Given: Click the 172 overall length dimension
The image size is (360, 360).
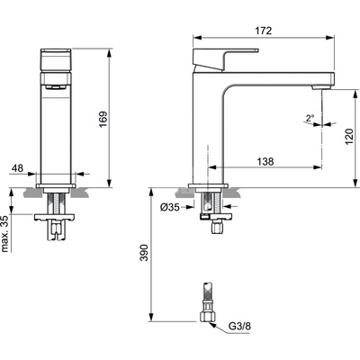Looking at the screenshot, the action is point(264,31).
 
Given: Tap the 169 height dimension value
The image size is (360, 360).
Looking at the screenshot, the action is point(103,120).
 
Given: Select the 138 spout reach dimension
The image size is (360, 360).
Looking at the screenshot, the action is point(265,161).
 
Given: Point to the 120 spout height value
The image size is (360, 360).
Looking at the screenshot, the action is point(349,137).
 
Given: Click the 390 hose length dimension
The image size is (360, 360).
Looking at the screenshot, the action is point(145,253).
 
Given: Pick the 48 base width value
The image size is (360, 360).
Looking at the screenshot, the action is point(17,168).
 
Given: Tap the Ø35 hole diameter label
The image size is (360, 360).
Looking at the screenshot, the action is point(169,207).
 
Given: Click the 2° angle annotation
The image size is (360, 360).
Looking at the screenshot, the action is point(310,117).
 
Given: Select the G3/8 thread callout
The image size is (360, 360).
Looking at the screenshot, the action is point(239,326).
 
